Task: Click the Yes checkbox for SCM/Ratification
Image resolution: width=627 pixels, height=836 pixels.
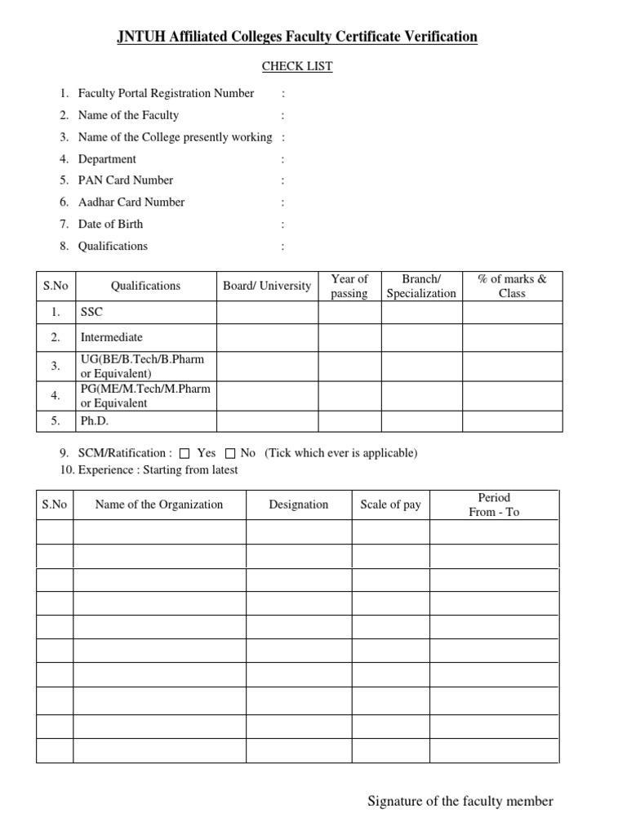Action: click(x=185, y=453)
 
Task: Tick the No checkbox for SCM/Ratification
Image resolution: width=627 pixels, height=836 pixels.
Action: click(x=230, y=453)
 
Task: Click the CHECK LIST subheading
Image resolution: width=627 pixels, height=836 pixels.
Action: click(x=297, y=66)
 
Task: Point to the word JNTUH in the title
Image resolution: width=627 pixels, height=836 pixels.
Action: click(x=140, y=37)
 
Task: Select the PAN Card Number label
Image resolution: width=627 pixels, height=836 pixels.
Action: click(x=126, y=180)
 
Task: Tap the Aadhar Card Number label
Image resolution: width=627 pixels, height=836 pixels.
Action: click(x=131, y=202)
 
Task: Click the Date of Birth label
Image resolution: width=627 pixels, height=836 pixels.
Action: click(x=110, y=224)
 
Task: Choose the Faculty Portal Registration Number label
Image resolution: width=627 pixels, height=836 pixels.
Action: click(x=166, y=93)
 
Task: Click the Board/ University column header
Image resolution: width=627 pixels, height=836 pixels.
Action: click(x=267, y=286)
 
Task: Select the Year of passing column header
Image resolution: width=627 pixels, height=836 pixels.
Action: click(x=349, y=286)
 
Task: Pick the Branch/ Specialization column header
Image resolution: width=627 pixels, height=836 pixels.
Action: click(x=421, y=286)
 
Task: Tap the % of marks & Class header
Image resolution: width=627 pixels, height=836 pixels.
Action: click(x=512, y=286)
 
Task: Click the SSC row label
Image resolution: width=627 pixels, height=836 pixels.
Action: click(x=92, y=312)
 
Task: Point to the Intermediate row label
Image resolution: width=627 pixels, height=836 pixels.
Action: click(x=111, y=336)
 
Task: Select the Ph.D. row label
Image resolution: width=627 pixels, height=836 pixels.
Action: click(x=95, y=421)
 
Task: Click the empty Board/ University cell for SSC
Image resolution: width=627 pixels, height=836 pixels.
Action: click(x=267, y=312)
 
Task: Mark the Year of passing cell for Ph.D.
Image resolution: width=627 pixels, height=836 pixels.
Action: click(x=349, y=421)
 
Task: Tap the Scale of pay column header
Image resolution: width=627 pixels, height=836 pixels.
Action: click(x=390, y=505)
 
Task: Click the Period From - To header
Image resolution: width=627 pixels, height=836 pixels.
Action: click(x=494, y=505)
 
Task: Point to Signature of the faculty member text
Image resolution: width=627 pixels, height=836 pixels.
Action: click(x=460, y=801)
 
